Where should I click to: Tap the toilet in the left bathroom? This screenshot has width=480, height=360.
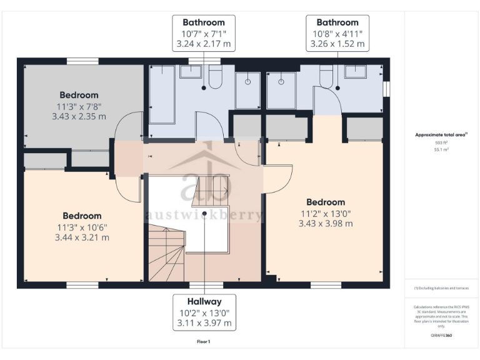pos(215,76)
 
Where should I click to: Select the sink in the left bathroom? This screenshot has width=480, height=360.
pos(190,72)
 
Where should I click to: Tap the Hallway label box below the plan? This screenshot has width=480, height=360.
pos(204,312)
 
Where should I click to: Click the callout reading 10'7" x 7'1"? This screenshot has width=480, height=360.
pos(204,33)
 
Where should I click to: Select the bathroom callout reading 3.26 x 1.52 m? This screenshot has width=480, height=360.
pos(337,44)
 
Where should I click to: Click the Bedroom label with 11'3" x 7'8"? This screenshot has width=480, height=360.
pos(79,106)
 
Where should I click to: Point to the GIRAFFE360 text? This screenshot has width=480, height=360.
pos(441,336)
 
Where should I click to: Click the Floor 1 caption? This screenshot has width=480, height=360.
pos(204,342)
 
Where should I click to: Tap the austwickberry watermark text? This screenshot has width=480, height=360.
pos(204,215)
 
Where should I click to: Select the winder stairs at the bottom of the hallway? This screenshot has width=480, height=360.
pos(166,254)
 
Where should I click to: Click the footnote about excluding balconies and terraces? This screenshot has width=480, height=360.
pos(441,288)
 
